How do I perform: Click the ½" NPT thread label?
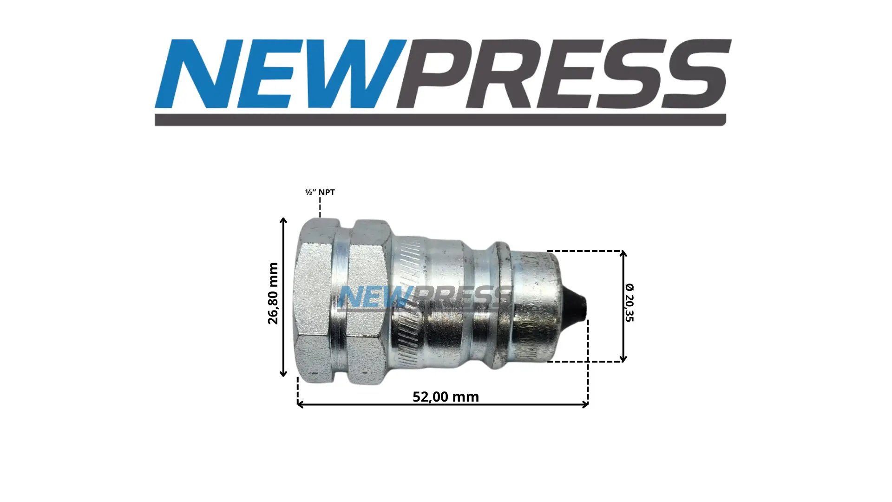point(320,192)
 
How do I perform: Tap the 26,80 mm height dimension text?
point(273,293)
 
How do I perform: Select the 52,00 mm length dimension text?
point(446,396)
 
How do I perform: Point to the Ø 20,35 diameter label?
point(629,302)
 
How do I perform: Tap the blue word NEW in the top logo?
point(280,74)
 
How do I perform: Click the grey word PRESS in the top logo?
point(564,74)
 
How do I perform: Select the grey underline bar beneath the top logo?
point(440,120)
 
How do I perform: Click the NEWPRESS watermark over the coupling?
point(424,297)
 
